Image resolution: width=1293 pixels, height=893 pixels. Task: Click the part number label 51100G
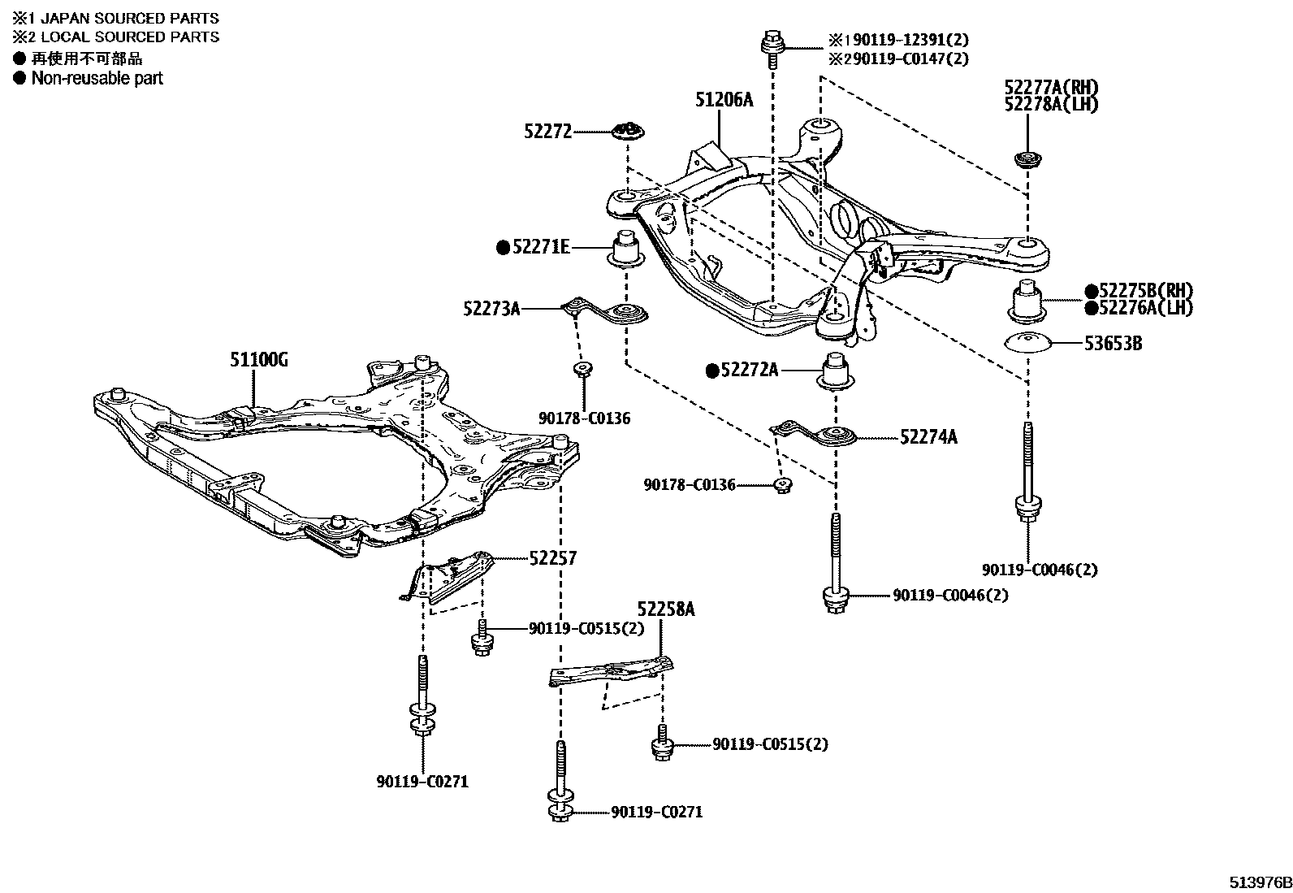(x=258, y=359)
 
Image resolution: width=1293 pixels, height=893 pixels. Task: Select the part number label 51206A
(x=724, y=100)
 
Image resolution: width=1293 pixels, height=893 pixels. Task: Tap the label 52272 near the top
(x=547, y=132)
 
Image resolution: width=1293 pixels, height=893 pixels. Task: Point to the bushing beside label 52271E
(x=626, y=249)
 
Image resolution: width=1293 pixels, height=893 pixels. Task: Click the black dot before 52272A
(x=712, y=371)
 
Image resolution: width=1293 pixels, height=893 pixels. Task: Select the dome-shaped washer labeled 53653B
(x=1028, y=343)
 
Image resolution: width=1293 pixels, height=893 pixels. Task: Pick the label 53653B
(x=1113, y=344)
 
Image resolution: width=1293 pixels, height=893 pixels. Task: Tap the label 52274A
(x=928, y=438)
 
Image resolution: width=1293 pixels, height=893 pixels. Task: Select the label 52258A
(x=665, y=609)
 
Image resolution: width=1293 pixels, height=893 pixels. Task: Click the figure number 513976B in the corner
(x=1259, y=882)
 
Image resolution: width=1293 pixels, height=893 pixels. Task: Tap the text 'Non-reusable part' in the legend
(x=97, y=79)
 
